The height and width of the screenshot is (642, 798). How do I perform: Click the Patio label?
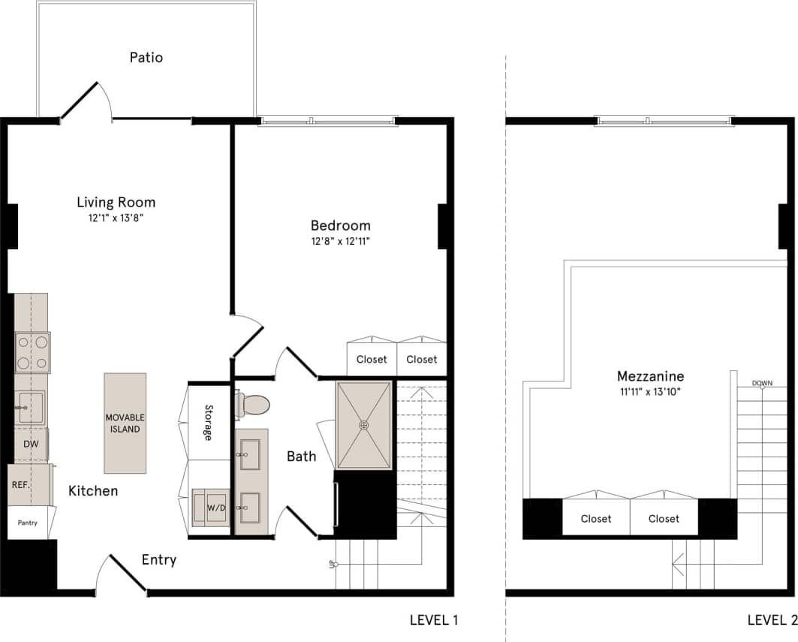146,58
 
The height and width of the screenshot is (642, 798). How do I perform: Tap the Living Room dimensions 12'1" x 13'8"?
116,218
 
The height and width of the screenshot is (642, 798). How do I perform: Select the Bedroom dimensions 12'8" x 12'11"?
341,241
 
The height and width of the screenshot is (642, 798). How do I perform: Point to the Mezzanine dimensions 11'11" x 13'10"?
650,391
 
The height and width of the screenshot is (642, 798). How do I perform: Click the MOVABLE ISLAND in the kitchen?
125,423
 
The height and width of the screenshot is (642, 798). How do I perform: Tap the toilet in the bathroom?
253,405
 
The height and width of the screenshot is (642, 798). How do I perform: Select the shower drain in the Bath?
364,425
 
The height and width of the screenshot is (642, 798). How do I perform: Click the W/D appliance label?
216,508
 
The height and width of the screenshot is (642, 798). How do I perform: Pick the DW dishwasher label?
31,444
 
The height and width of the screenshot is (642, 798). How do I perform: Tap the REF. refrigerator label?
20,485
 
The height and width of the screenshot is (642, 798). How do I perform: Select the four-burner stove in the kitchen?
32,352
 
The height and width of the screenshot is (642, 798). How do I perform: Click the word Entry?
159,559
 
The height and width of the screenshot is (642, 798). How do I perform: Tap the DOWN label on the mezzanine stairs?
762,384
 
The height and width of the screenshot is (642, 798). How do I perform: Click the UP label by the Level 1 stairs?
331,563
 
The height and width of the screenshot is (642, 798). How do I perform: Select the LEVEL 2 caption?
772,620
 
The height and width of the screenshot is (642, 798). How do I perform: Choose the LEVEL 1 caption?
434,620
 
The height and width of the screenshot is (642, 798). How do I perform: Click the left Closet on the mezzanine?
595,518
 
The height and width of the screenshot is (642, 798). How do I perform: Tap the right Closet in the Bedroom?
421,360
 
